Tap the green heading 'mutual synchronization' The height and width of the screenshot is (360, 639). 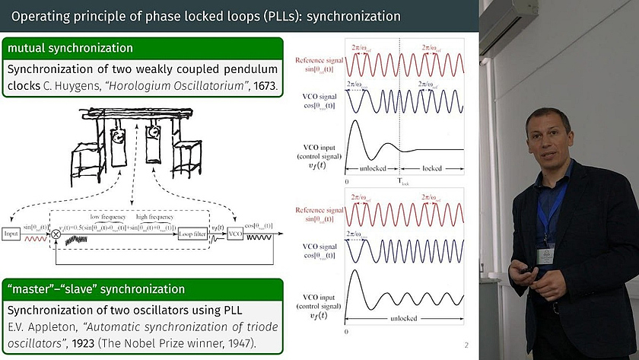click(70, 48)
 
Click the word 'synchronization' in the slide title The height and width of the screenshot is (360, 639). click(351, 15)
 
